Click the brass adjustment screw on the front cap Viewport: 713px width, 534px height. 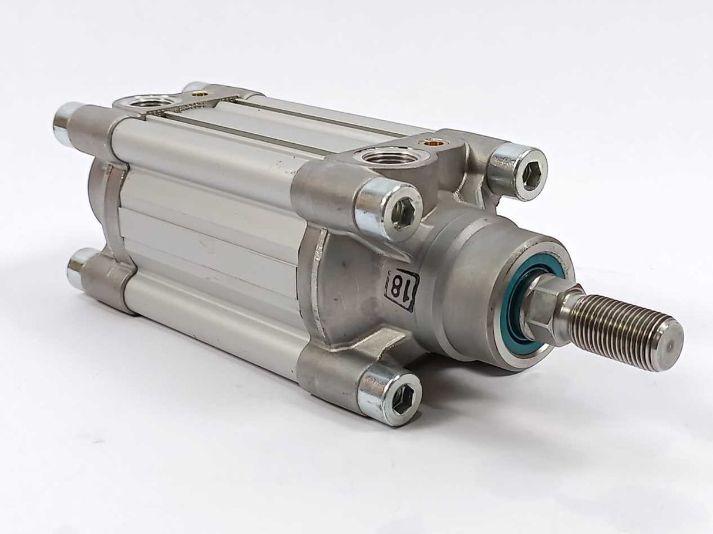[x=433, y=142]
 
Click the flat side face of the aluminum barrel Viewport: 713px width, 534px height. [x=211, y=235]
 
